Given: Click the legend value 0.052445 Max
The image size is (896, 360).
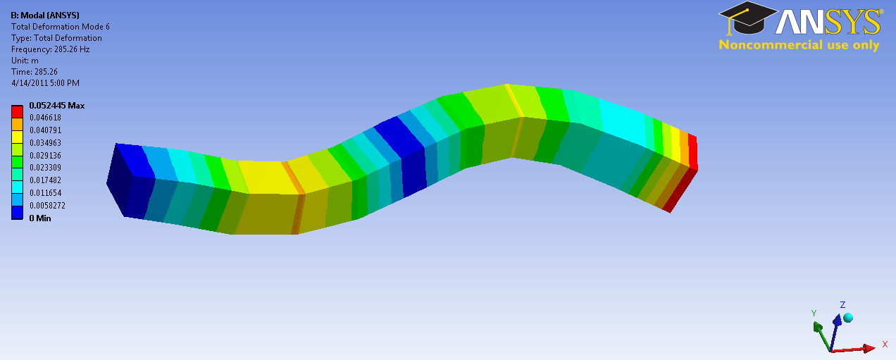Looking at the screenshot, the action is [x=57, y=106].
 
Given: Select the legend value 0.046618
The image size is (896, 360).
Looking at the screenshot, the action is [x=45, y=118].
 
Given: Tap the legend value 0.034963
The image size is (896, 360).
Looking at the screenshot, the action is [x=45, y=143].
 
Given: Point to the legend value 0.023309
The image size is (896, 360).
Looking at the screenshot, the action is [x=45, y=168].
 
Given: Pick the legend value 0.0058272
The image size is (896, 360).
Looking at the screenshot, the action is [x=47, y=206].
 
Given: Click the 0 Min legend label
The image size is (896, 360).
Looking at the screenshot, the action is [x=40, y=218].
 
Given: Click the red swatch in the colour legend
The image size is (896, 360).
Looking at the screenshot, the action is [x=17, y=111].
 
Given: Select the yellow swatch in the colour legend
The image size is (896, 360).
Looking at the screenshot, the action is [x=17, y=137].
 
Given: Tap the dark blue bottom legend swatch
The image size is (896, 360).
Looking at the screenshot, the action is [x=17, y=212].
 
